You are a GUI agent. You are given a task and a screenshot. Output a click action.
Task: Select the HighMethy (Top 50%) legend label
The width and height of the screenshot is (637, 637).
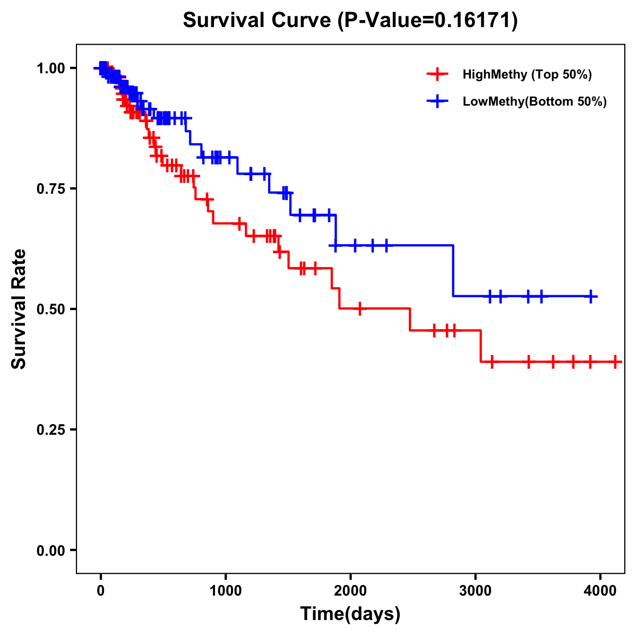527,74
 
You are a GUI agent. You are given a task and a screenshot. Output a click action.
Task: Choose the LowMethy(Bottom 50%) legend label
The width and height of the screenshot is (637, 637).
535,102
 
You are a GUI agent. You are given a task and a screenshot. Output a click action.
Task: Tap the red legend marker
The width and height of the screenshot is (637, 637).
437,74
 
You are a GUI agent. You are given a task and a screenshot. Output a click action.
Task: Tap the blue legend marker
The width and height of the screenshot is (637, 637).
437,102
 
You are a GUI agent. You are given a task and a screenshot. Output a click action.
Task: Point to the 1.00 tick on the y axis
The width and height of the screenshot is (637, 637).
50,68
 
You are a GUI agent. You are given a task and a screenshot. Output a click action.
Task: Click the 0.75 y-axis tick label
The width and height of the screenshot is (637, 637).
50,188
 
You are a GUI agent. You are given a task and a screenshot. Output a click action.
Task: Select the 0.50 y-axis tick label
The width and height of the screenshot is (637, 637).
50,309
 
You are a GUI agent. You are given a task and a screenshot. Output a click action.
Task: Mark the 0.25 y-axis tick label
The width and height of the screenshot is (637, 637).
50,429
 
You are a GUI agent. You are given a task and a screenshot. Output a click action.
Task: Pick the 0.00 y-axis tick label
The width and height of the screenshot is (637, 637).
50,550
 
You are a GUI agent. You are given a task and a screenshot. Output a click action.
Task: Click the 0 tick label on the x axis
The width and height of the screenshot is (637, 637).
101,591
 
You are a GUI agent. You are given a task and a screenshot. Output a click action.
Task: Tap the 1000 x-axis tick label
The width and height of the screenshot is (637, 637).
226,591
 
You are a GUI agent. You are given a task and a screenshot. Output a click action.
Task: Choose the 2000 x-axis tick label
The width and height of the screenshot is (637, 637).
350,591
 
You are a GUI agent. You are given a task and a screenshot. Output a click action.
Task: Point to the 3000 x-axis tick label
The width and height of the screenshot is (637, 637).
475,591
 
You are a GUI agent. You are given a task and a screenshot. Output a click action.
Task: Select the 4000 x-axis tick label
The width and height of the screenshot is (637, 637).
600,591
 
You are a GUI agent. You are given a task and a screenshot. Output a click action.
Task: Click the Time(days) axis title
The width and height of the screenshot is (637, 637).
350,614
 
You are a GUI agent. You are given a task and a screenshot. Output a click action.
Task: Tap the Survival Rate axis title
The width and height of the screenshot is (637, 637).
20,309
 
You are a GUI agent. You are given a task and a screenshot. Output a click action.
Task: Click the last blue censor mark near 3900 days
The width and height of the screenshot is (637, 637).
590,296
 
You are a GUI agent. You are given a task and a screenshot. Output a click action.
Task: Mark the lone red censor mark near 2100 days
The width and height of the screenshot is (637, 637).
360,308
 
